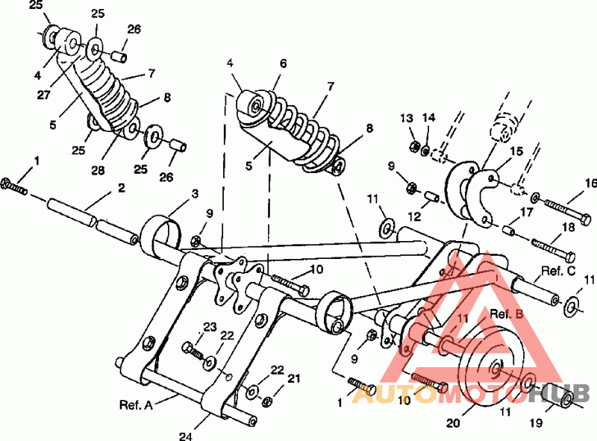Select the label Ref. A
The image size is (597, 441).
[136, 405]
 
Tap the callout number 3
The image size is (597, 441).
[195, 194]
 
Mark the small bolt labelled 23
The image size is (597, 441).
[191, 348]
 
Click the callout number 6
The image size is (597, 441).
[283, 64]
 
